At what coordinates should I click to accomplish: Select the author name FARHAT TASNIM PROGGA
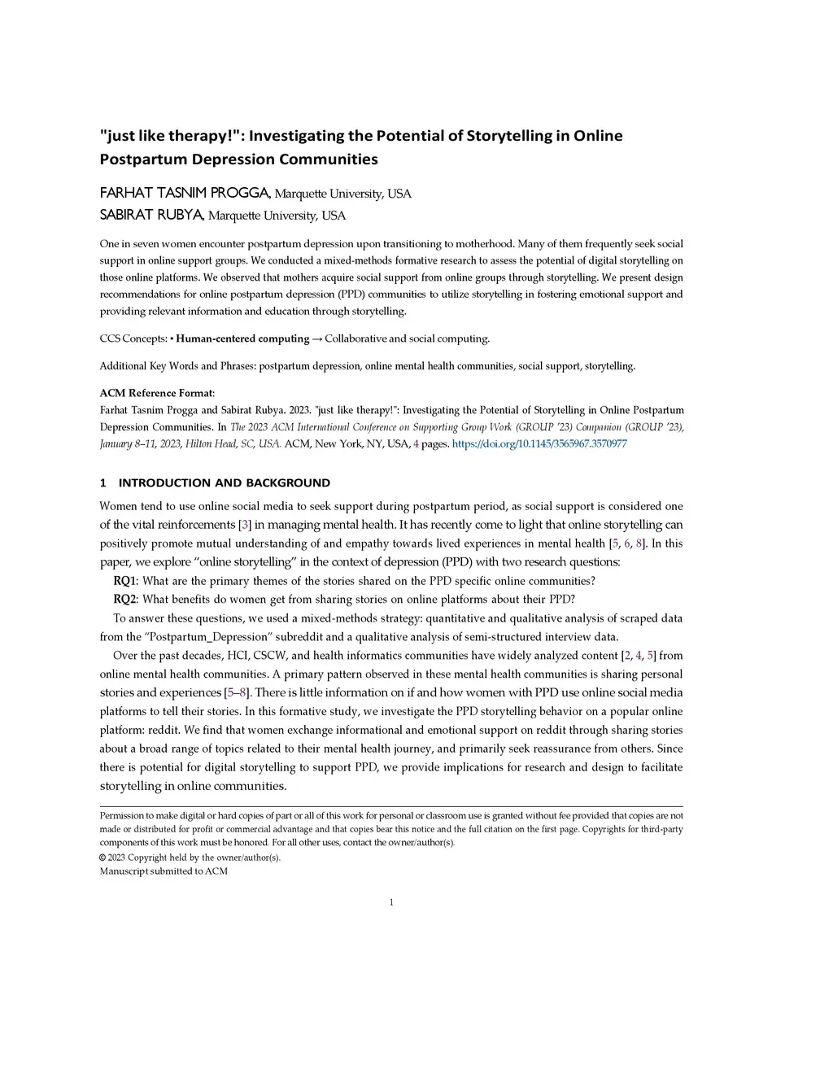pyautogui.click(x=185, y=193)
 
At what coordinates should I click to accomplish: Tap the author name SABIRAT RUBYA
pyautogui.click(x=152, y=215)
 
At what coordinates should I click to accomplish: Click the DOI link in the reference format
pyautogui.click(x=539, y=443)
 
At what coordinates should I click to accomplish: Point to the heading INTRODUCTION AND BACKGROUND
pyautogui.click(x=225, y=482)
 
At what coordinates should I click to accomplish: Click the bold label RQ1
pyautogui.click(x=124, y=581)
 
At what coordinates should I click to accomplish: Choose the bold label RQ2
pyautogui.click(x=124, y=600)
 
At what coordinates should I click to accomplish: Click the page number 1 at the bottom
pyautogui.click(x=391, y=901)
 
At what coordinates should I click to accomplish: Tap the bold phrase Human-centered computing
pyautogui.click(x=242, y=338)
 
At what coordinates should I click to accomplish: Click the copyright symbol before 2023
pyautogui.click(x=102, y=858)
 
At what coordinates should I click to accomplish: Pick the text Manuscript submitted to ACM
pyautogui.click(x=164, y=871)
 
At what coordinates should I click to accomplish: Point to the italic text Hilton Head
pyautogui.click(x=208, y=443)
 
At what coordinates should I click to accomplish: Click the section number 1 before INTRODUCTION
pyautogui.click(x=103, y=482)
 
